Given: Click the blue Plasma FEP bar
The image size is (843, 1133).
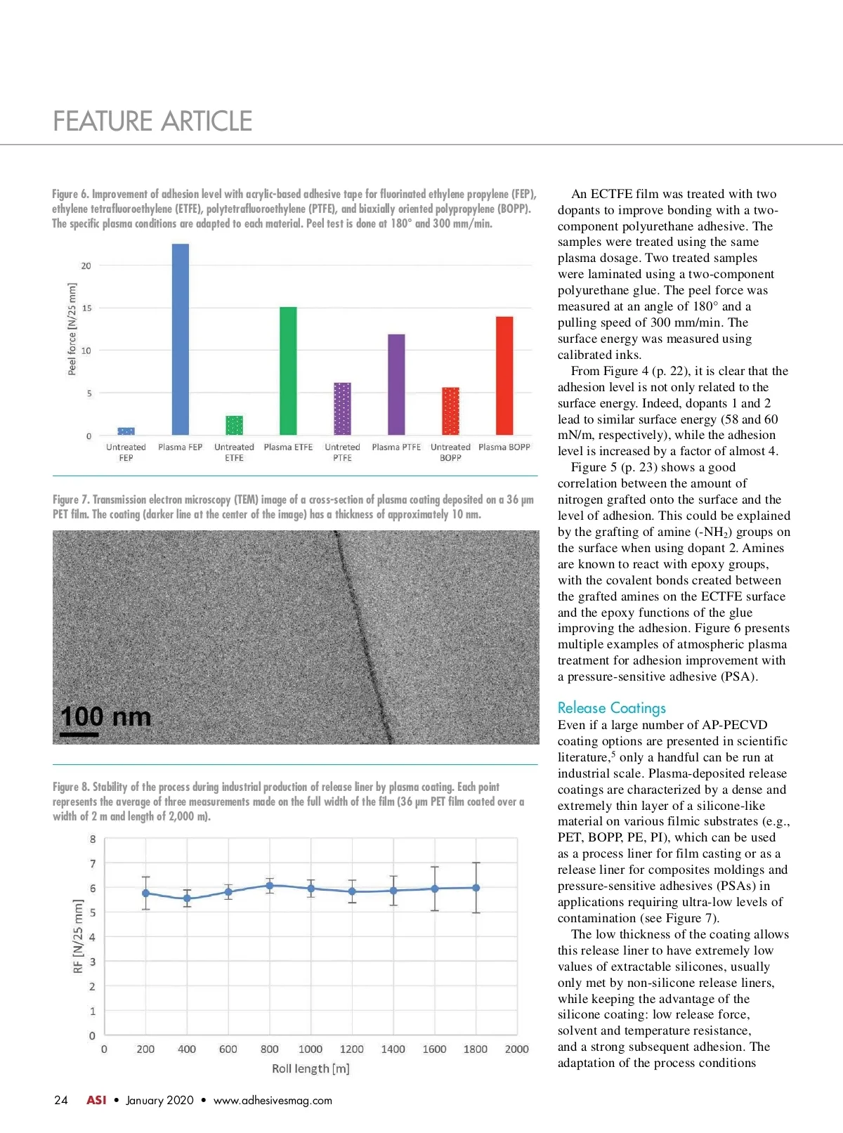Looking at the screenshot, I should coord(181,339).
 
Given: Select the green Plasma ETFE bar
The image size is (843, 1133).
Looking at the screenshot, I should coord(288,371).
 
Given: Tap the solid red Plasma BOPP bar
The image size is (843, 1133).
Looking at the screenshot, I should coord(504,376).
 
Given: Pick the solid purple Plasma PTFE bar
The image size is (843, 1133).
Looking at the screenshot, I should coord(396,384).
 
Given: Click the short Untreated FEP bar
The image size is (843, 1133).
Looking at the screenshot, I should coord(126,431).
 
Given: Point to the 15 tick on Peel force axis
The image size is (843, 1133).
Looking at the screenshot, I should coord(86,308).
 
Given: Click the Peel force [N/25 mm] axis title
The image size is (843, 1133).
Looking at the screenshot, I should coord(72,329).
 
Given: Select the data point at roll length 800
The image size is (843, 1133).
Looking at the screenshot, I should coord(269,886).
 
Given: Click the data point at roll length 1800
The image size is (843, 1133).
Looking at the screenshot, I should coord(476,888).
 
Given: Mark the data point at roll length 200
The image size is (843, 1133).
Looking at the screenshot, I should coord(145,893).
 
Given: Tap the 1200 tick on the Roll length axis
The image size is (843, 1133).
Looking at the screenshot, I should coord(351,1049).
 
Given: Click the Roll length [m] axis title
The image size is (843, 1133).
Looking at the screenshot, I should coord(311,1069).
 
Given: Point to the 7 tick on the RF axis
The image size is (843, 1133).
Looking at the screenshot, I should coord(92,864).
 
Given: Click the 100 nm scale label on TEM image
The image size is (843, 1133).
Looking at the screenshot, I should coord(105,716).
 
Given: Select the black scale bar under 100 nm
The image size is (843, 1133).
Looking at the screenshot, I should coord(79,735).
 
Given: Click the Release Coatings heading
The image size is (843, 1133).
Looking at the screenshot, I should coord(611,708).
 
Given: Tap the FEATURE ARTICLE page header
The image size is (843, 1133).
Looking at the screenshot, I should coord(152,122).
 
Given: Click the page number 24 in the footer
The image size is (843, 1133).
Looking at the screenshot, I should coord(61,1101).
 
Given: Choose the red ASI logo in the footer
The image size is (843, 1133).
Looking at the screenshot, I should coord(96,1101).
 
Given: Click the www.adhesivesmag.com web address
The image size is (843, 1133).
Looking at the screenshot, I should coord(273,1101).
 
